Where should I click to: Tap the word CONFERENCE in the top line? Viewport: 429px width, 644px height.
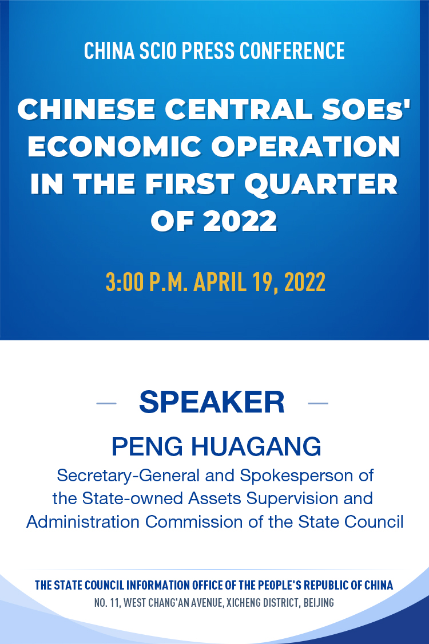(x=292, y=50)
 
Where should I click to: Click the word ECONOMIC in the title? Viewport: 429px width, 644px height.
(x=115, y=147)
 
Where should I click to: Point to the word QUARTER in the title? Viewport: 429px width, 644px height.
(x=321, y=184)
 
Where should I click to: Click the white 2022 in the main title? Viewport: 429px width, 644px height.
(x=240, y=221)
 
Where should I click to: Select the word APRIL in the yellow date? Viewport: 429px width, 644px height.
(x=220, y=282)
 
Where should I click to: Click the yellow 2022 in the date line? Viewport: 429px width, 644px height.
(x=305, y=282)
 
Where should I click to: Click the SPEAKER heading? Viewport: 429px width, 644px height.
(x=212, y=402)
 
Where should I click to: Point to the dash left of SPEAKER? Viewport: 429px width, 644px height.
(x=106, y=403)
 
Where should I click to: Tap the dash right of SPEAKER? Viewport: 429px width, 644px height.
(x=318, y=403)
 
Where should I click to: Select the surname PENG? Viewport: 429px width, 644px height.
(x=147, y=447)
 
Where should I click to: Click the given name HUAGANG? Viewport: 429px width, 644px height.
(x=256, y=447)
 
